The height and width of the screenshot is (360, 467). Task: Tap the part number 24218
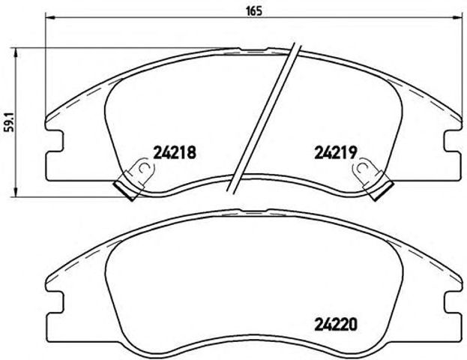(x=174, y=151)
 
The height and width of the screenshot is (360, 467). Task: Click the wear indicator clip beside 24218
(x=135, y=178)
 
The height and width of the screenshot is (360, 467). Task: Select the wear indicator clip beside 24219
(x=371, y=178)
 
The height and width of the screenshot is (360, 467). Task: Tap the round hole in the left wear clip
(x=139, y=169)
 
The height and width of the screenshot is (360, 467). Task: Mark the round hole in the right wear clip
(x=365, y=169)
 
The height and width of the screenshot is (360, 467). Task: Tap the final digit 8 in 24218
(x=192, y=151)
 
